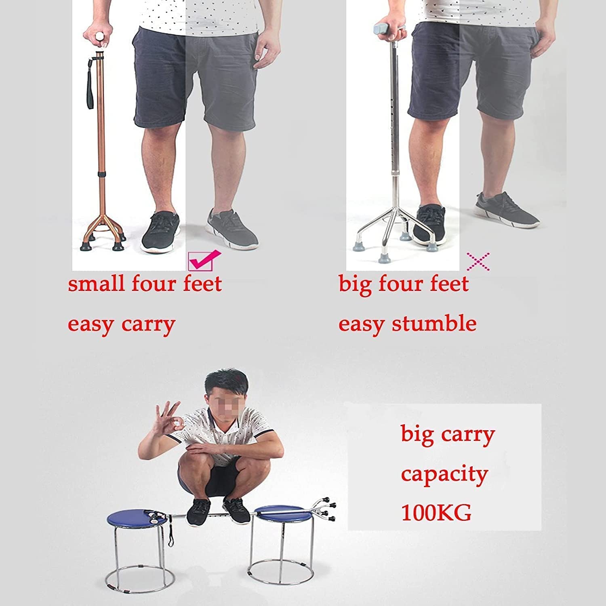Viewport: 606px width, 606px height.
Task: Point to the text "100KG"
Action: tap(436, 513)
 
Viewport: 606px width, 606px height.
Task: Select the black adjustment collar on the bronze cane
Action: tap(101, 174)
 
